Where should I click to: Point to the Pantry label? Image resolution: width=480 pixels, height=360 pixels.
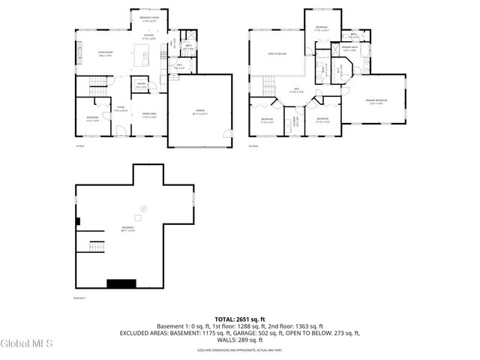coord(141,85)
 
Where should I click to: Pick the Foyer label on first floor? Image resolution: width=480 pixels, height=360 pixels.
coord(120,108)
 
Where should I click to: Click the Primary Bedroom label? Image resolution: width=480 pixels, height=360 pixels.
coord(376,101)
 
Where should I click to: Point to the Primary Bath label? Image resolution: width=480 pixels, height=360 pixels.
coord(350,49)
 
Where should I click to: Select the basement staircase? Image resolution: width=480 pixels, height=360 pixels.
coord(97,247)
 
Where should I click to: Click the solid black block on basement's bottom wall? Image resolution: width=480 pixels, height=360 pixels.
coord(120,283)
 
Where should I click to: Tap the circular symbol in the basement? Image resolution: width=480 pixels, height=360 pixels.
coord(144,208)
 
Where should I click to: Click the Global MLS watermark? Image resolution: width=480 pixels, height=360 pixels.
coord(27,344)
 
